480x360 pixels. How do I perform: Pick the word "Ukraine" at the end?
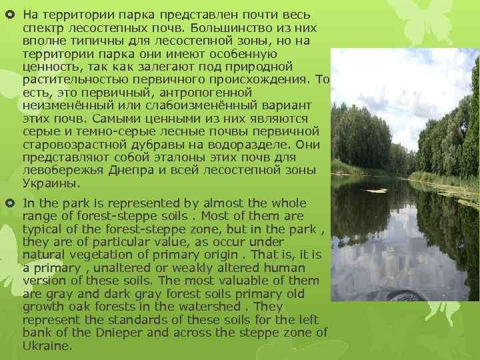[47, 346]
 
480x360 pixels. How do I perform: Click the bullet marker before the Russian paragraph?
[11, 14]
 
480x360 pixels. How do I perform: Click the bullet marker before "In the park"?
[11, 203]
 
